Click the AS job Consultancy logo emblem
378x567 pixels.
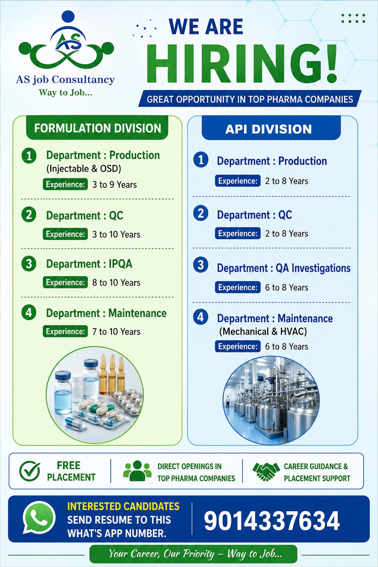coord(66,41)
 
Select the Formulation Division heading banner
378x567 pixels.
coord(97,128)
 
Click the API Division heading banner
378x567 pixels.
coord(271,129)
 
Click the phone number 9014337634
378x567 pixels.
coord(272,521)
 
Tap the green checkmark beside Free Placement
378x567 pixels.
coord(30,471)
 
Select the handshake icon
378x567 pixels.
coord(266,471)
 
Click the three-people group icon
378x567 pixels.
coord(137,471)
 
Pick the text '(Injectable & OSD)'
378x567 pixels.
coord(83,169)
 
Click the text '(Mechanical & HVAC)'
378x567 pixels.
coord(263,331)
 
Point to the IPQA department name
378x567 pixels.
coord(120,264)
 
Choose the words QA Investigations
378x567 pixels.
coord(313,268)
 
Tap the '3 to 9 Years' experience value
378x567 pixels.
coord(114,185)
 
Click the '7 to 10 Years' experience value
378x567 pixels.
coord(116,331)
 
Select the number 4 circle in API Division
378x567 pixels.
coord(201,317)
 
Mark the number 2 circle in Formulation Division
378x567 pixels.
coord(29,214)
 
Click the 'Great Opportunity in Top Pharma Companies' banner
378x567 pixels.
coord(250,99)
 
